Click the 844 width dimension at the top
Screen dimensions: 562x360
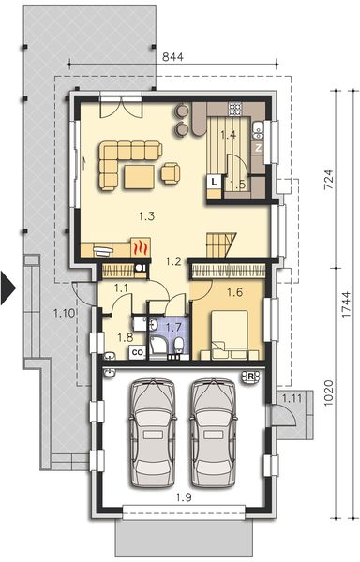tap(171, 56)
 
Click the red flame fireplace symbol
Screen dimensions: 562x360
tap(139, 249)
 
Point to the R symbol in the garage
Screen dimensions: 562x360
tap(250, 377)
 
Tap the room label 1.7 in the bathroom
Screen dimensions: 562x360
tap(172, 328)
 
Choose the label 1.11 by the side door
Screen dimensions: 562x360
tap(293, 400)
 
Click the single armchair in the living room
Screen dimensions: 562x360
tap(172, 171)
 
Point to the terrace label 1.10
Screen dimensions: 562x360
tap(63, 313)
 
